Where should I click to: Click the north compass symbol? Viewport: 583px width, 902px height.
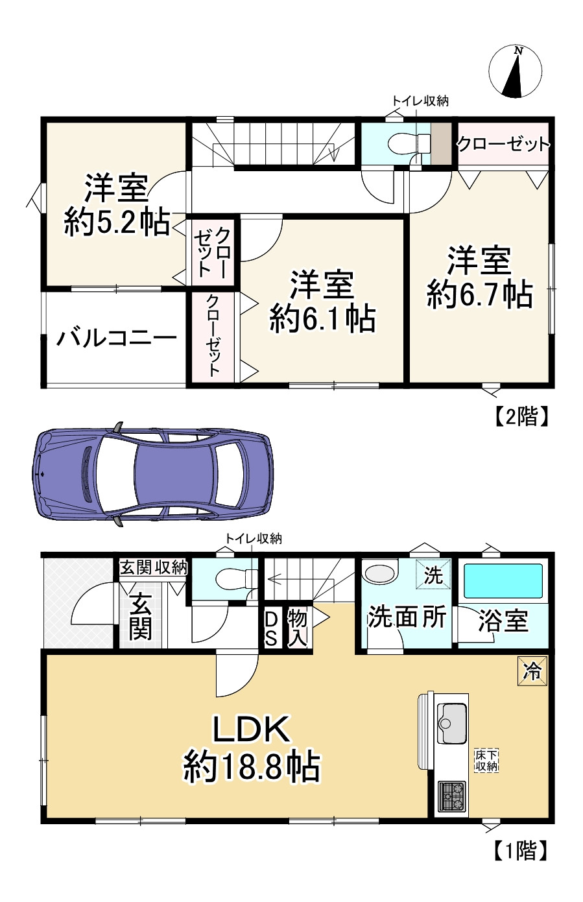coord(516,72)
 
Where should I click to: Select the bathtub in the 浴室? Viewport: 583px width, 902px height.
coord(503,580)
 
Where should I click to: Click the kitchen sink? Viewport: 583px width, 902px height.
coord(452,724)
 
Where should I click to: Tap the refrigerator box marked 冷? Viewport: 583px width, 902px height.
coord(532,671)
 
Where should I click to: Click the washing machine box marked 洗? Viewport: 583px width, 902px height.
coord(433,575)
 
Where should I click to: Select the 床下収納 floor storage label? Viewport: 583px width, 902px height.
coord(486,761)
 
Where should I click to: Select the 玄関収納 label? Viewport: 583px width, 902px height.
coord(154,567)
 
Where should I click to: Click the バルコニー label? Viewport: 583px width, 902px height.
coord(116,338)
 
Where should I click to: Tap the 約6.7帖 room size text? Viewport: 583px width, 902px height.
coord(479,295)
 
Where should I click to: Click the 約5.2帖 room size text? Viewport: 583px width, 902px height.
coord(117,222)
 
